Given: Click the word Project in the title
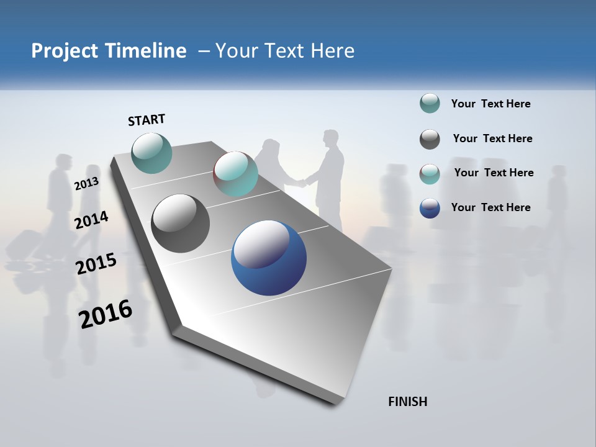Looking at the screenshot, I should tap(64, 51).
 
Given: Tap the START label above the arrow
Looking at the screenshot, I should tap(147, 120).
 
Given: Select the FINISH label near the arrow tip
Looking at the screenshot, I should tap(408, 402).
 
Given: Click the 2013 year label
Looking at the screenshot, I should tap(86, 184).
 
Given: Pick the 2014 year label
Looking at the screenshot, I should tap(91, 220).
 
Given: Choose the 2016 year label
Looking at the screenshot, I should tap(106, 314).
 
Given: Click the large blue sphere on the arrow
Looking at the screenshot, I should tap(269, 258).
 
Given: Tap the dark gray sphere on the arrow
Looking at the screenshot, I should tap(181, 223).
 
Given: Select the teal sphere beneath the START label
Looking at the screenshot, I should tap(152, 153).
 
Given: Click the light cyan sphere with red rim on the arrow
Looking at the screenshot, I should tap(235, 174).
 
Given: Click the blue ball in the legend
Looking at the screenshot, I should tap(430, 208).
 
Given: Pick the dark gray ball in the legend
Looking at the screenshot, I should tap(430, 139).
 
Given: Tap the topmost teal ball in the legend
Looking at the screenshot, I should tap(430, 104).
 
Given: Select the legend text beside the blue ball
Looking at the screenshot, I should tap(491, 207).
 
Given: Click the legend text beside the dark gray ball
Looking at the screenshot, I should tap(492, 138).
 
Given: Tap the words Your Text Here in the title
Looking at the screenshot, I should tap(284, 51).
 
